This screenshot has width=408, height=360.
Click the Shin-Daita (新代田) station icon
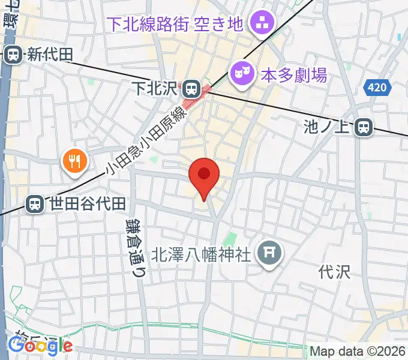12,55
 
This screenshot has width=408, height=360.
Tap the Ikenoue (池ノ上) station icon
363,127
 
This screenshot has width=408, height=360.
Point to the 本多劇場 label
293,75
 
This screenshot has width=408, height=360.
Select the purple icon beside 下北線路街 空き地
262,24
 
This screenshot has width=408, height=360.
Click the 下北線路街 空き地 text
175,24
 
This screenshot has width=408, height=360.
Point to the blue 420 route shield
376,88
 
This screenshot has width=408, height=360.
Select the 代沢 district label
335,272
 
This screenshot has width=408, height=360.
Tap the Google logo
40,346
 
